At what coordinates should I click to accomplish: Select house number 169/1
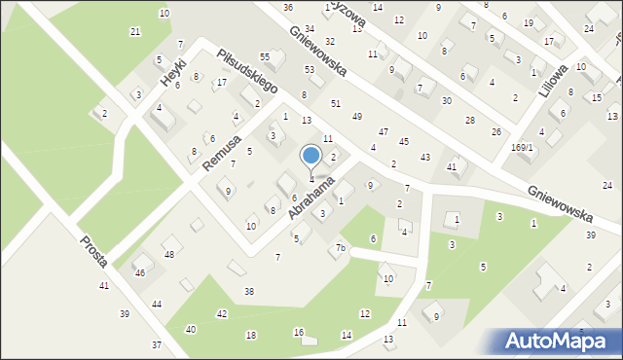coord(523,147)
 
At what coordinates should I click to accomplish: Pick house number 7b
coord(341,248)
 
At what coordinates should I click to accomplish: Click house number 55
coord(264,57)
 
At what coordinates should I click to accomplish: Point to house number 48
coord(168,254)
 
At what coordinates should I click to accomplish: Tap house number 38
coord(249,292)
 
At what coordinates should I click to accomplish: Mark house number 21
coord(135,31)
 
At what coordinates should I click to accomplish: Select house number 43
coord(424,157)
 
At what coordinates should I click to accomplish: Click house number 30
coord(446,100)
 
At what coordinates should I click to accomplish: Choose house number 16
coord(299,332)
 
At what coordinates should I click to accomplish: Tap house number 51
coord(335,102)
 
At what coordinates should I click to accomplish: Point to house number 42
coord(222,313)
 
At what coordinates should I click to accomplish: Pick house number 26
coord(496,131)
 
